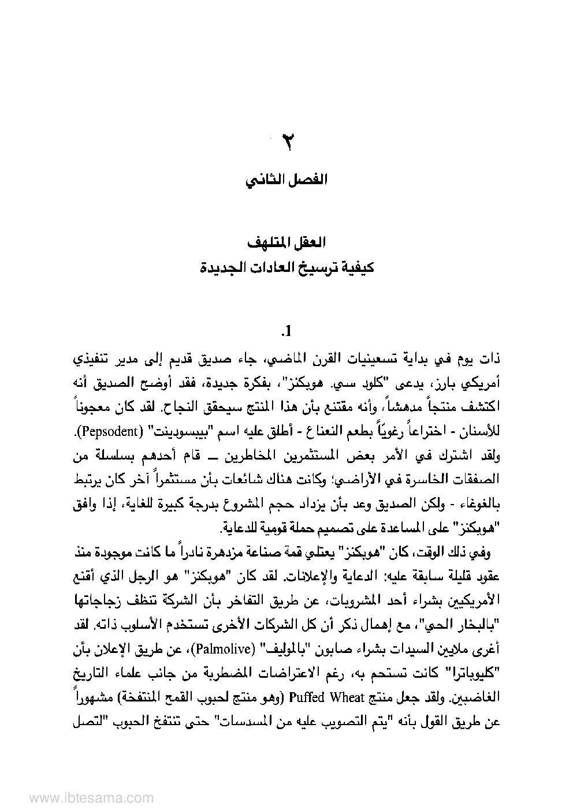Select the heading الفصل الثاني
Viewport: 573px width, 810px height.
(286, 180)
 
